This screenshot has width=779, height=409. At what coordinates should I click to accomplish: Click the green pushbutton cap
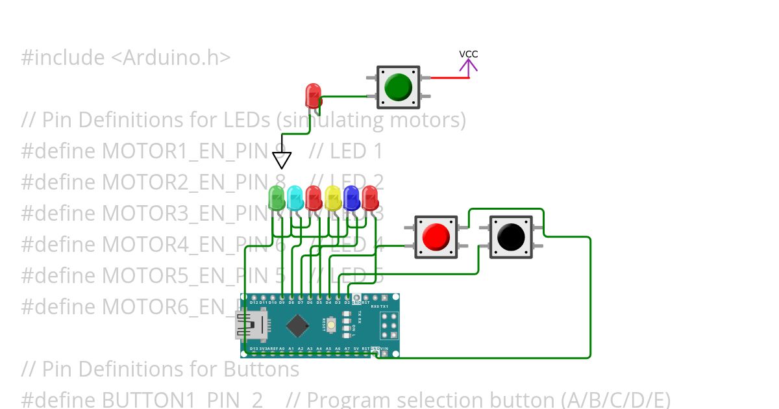point(398,87)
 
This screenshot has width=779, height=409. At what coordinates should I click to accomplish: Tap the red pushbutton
point(436,237)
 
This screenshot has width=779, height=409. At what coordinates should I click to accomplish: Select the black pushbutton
point(510,237)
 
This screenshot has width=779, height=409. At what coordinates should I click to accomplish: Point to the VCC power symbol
point(469,63)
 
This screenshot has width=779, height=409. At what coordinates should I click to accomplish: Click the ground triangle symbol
point(282,160)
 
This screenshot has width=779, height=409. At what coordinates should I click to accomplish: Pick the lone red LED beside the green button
point(313,95)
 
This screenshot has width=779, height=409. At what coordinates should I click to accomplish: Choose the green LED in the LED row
point(277,198)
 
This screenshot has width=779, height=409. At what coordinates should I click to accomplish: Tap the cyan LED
point(295,198)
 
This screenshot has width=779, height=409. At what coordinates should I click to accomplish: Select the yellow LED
point(332,198)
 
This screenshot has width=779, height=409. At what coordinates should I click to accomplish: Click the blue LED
point(351,198)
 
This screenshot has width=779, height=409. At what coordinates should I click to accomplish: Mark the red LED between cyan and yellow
point(314,198)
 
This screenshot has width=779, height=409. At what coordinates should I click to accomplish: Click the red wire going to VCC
point(449,78)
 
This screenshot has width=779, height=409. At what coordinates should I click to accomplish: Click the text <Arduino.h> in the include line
point(170,58)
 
